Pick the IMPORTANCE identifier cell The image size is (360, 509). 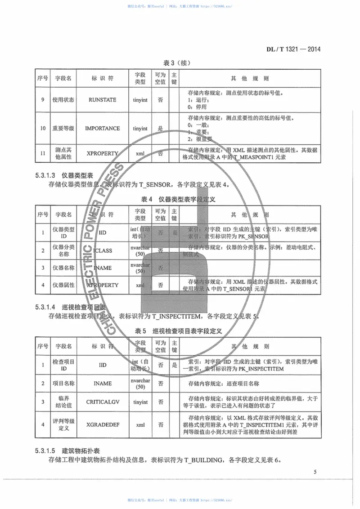click(103, 129)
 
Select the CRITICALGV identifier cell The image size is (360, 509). click(103, 402)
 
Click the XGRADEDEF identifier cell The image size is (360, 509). click(103, 424)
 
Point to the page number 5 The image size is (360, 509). click(315, 472)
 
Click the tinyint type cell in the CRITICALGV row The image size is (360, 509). click(140, 402)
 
